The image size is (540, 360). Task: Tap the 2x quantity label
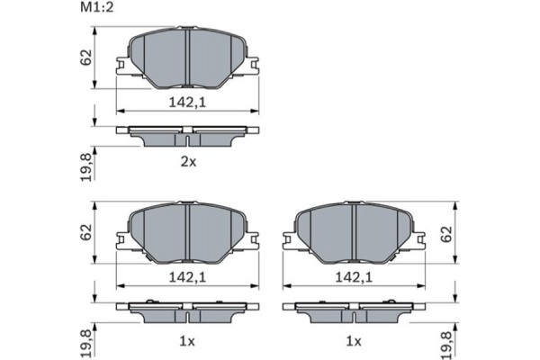tap(186, 163)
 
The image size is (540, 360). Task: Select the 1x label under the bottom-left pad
tap(186, 340)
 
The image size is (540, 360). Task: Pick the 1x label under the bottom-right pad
tap(354, 340)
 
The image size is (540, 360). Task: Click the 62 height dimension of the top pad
tap(85, 58)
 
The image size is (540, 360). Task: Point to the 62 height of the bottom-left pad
tap(85, 232)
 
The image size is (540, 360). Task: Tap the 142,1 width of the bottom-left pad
tap(187, 279)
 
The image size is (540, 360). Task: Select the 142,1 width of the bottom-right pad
tap(354, 279)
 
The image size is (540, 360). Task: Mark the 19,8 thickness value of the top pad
tap(85, 166)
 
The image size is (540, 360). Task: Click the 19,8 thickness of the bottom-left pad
tap(85, 343)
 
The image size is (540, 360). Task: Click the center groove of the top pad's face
tap(186, 56)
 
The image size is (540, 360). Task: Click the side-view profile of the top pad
tap(186, 134)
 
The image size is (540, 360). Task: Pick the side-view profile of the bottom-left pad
tap(186, 310)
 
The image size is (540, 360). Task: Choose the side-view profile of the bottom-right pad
tap(354, 310)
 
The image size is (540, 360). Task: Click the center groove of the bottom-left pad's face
tap(186, 231)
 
